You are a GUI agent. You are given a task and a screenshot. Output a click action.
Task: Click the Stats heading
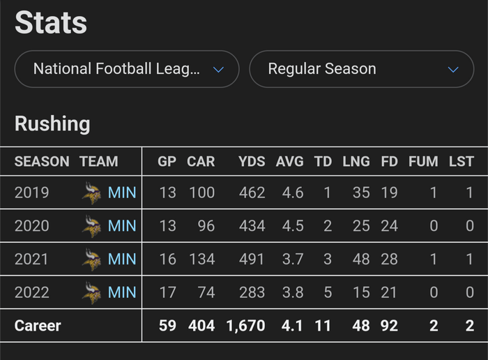(x=51, y=22)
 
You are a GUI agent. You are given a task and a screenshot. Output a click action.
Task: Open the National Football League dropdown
(x=127, y=69)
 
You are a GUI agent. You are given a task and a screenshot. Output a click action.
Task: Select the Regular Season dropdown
(x=361, y=69)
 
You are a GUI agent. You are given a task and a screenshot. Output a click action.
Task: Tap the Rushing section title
(x=52, y=124)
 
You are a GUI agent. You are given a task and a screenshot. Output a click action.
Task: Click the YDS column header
(x=252, y=161)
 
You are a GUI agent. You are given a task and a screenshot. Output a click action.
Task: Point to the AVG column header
(x=290, y=161)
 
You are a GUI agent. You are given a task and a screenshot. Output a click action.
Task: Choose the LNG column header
(x=356, y=161)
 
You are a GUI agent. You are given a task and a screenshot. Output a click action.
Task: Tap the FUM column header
(x=423, y=161)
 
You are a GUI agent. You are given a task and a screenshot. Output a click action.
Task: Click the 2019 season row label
(x=32, y=192)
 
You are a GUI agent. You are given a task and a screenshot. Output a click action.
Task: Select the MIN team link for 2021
(x=122, y=259)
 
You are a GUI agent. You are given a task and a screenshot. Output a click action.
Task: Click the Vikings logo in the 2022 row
(x=91, y=292)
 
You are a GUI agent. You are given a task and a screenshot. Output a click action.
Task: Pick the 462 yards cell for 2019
(x=251, y=192)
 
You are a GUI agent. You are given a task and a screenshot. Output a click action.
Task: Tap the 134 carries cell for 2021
(x=201, y=259)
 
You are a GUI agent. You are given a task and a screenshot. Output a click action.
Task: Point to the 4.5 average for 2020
(x=293, y=225)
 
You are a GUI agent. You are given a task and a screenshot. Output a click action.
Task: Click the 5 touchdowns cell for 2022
(x=327, y=292)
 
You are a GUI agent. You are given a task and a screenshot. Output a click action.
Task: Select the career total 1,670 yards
(x=245, y=326)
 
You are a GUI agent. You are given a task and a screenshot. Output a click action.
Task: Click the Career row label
(x=38, y=326)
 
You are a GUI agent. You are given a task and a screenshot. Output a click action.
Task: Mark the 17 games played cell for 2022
(x=167, y=292)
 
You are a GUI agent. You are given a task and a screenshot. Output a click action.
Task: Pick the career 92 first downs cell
(x=389, y=326)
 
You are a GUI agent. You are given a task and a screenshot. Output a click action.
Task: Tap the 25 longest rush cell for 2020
(x=361, y=225)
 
